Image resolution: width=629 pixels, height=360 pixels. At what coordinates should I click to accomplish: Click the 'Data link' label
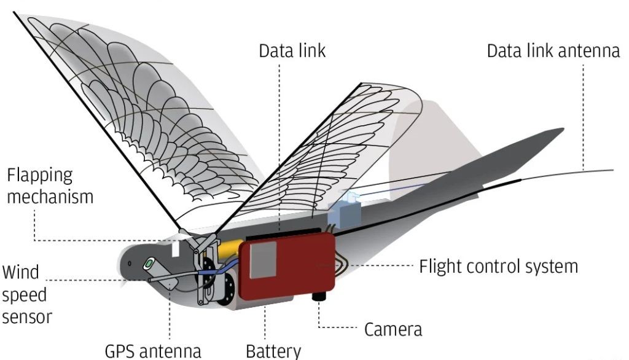click(292, 51)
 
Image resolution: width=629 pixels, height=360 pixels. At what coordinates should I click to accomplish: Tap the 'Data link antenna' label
click(553, 51)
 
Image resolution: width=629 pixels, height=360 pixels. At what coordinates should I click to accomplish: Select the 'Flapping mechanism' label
click(50, 186)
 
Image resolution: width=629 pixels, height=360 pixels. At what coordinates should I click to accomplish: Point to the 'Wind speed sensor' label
click(27, 294)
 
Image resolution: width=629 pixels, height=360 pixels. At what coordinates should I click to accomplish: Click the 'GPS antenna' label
click(153, 351)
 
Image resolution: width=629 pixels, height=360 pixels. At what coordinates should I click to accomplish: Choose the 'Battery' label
click(273, 351)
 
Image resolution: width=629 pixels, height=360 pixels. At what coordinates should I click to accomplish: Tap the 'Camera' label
click(393, 329)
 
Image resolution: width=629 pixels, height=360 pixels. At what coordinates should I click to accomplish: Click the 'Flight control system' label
click(499, 266)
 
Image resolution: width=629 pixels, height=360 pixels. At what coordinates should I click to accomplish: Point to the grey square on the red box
click(263, 260)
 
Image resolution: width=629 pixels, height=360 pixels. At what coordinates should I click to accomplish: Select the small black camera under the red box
click(319, 297)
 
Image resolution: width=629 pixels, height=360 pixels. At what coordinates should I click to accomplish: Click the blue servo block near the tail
click(344, 213)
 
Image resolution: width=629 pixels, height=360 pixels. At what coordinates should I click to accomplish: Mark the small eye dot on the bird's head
click(130, 264)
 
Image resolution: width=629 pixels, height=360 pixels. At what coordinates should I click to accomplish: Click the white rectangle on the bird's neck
click(175, 248)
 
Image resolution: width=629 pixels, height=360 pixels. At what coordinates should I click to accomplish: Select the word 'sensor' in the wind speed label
click(27, 316)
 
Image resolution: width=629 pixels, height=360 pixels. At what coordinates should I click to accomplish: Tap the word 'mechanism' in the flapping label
click(50, 197)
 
